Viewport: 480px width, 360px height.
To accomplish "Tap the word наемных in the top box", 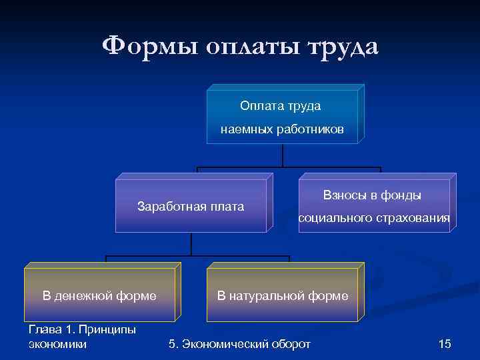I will click(x=246, y=130).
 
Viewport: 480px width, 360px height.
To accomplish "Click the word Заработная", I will click(x=169, y=206).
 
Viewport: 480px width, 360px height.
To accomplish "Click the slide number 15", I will click(x=445, y=344).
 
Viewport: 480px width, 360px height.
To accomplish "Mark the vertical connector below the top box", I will click(x=283, y=155).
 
